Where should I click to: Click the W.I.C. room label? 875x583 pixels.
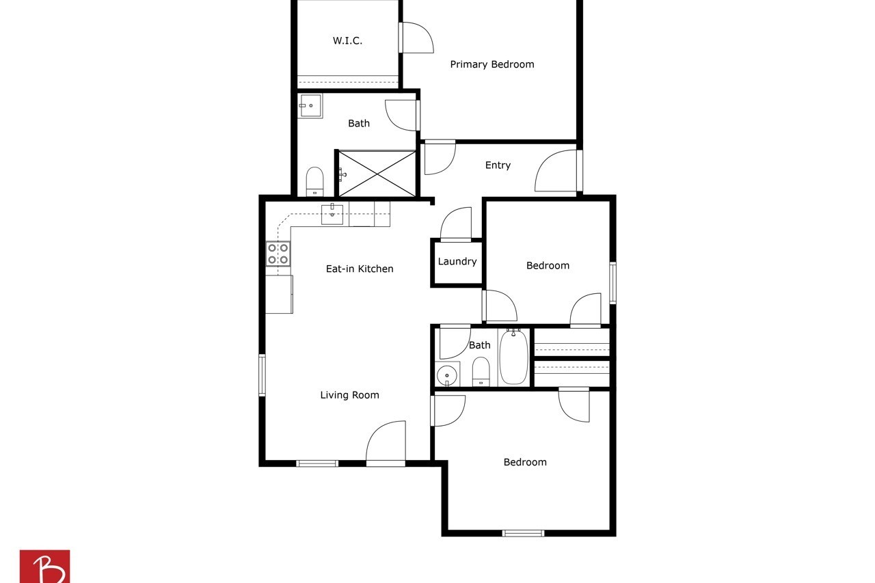point(347,40)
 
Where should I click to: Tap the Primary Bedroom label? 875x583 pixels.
point(492,64)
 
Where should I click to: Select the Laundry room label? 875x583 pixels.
point(457,262)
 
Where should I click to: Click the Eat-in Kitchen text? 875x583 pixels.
point(360,269)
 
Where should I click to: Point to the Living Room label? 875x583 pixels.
point(349,395)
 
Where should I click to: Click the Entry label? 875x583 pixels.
point(498,165)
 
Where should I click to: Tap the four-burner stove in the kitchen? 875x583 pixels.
point(278,254)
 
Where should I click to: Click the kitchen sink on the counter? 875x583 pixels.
point(332,214)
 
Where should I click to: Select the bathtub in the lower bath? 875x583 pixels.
point(513,357)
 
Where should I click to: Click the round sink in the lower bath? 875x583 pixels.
point(447,375)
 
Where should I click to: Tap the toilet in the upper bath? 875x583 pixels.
point(314,182)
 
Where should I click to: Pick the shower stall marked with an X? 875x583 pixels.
point(377,174)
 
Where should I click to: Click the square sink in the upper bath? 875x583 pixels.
point(310,105)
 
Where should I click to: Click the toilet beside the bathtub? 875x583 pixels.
point(481,371)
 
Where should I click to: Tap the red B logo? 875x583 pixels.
point(45,566)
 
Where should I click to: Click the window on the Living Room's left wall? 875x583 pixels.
point(262,375)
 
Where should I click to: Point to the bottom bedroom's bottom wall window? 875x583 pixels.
point(523,533)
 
